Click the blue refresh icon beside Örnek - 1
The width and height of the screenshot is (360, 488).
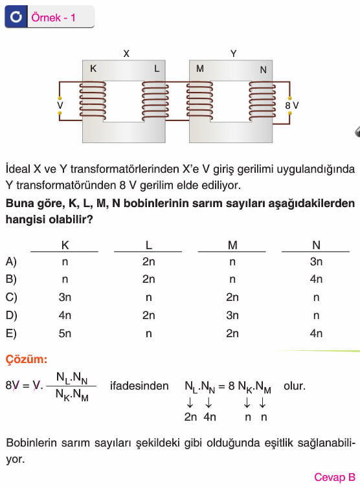coord(16,16)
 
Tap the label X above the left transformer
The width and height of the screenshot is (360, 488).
coord(126,54)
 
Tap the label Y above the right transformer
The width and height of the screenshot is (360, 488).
coord(234,54)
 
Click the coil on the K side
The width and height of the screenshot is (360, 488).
coord(93,100)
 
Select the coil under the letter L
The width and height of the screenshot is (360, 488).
coord(155,100)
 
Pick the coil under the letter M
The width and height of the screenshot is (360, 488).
coord(199,100)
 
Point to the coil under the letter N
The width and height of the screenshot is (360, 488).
coord(262,100)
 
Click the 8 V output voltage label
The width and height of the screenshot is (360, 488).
coord(292,105)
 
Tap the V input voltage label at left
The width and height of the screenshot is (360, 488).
coord(60,105)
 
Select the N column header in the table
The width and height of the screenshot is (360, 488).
coord(316,245)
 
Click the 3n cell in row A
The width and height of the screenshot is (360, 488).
coord(316,261)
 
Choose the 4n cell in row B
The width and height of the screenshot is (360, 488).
coord(316,279)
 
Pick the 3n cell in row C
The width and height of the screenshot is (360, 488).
coord(65,297)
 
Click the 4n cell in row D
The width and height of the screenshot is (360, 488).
coord(65,315)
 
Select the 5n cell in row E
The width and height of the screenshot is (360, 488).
coord(65,333)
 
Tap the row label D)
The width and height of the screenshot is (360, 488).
coord(11,315)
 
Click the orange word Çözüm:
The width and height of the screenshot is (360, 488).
coord(27,359)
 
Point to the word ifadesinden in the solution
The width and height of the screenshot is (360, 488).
coord(139,386)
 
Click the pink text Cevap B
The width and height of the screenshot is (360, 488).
coord(335,477)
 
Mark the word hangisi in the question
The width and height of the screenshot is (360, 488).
coord(25,220)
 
